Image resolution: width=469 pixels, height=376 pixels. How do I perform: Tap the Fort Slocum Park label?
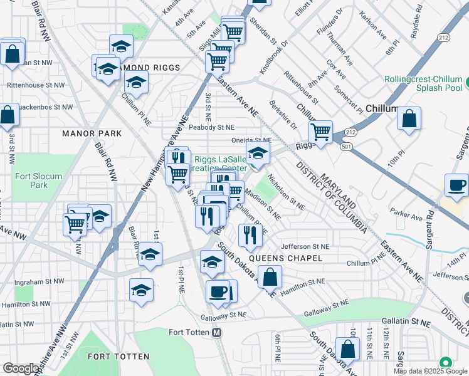tap(38, 180)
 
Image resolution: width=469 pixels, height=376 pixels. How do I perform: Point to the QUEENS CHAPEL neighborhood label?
tap(285, 258)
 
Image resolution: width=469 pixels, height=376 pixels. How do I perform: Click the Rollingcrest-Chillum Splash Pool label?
tap(423, 84)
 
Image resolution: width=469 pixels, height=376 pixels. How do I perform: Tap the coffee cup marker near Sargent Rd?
tap(456, 184)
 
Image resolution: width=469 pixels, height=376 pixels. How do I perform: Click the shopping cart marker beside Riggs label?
tap(320, 132)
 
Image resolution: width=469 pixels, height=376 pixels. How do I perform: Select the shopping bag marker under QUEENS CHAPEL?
tap(270, 276)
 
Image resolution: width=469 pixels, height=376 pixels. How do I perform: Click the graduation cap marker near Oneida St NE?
tap(258, 152)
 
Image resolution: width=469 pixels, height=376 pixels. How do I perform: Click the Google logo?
tap(21, 368)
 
